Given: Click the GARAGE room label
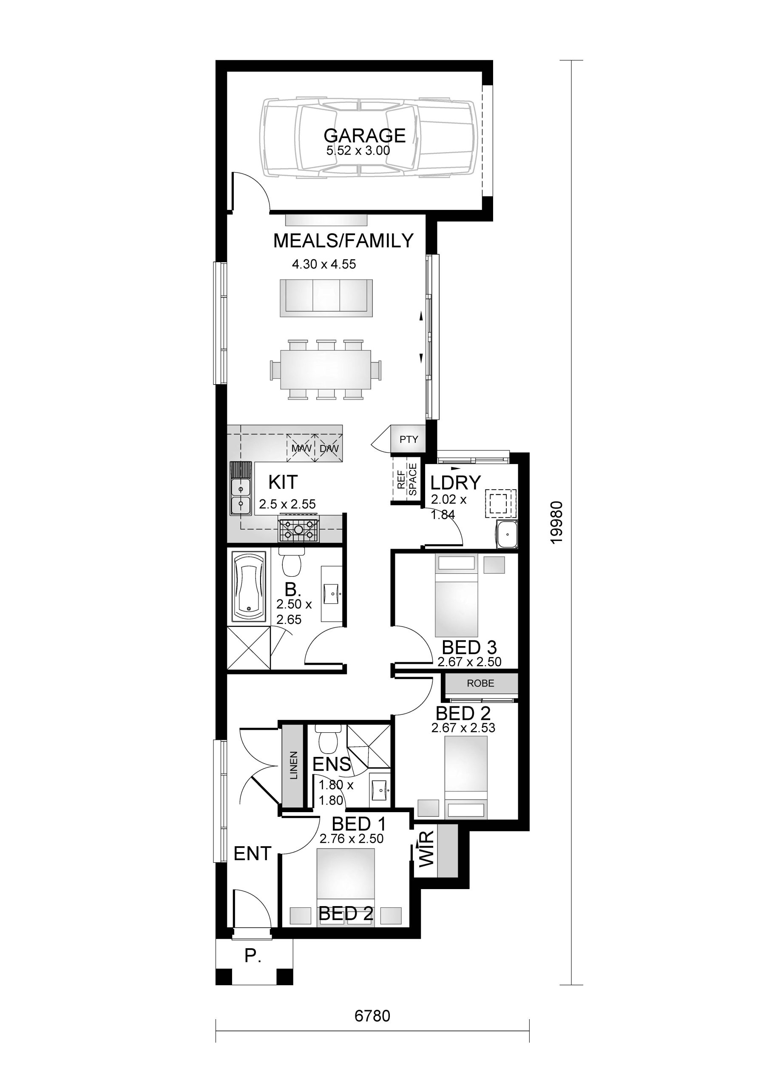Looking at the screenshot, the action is pos(364,136).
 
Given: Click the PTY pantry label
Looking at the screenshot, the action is pos(409,439).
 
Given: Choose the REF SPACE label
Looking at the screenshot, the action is pos(407,479).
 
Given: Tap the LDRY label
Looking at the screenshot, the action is pos(456,483).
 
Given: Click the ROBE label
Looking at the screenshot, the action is pos(480,683).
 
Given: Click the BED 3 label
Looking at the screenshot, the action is pos(469,647).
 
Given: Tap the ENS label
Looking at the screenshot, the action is pos(332,764).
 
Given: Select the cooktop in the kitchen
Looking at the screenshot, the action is pos(298,530).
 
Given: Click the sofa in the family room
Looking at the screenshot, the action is pos(326,297).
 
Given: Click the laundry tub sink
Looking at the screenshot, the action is pos(506,535).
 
